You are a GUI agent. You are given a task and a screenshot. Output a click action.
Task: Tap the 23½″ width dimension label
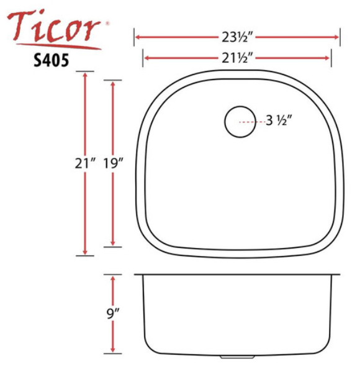(236, 37)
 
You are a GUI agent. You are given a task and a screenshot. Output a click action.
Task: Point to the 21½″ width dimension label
(236, 58)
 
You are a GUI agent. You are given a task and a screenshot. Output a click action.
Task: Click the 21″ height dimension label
(83, 163)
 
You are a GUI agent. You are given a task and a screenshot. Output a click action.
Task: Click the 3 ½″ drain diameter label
(279, 121)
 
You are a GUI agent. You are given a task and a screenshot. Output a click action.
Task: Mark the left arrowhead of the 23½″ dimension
(138, 37)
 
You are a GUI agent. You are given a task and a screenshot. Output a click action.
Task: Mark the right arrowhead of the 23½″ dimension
(336, 37)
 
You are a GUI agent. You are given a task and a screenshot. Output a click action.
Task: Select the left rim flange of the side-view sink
(139, 273)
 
